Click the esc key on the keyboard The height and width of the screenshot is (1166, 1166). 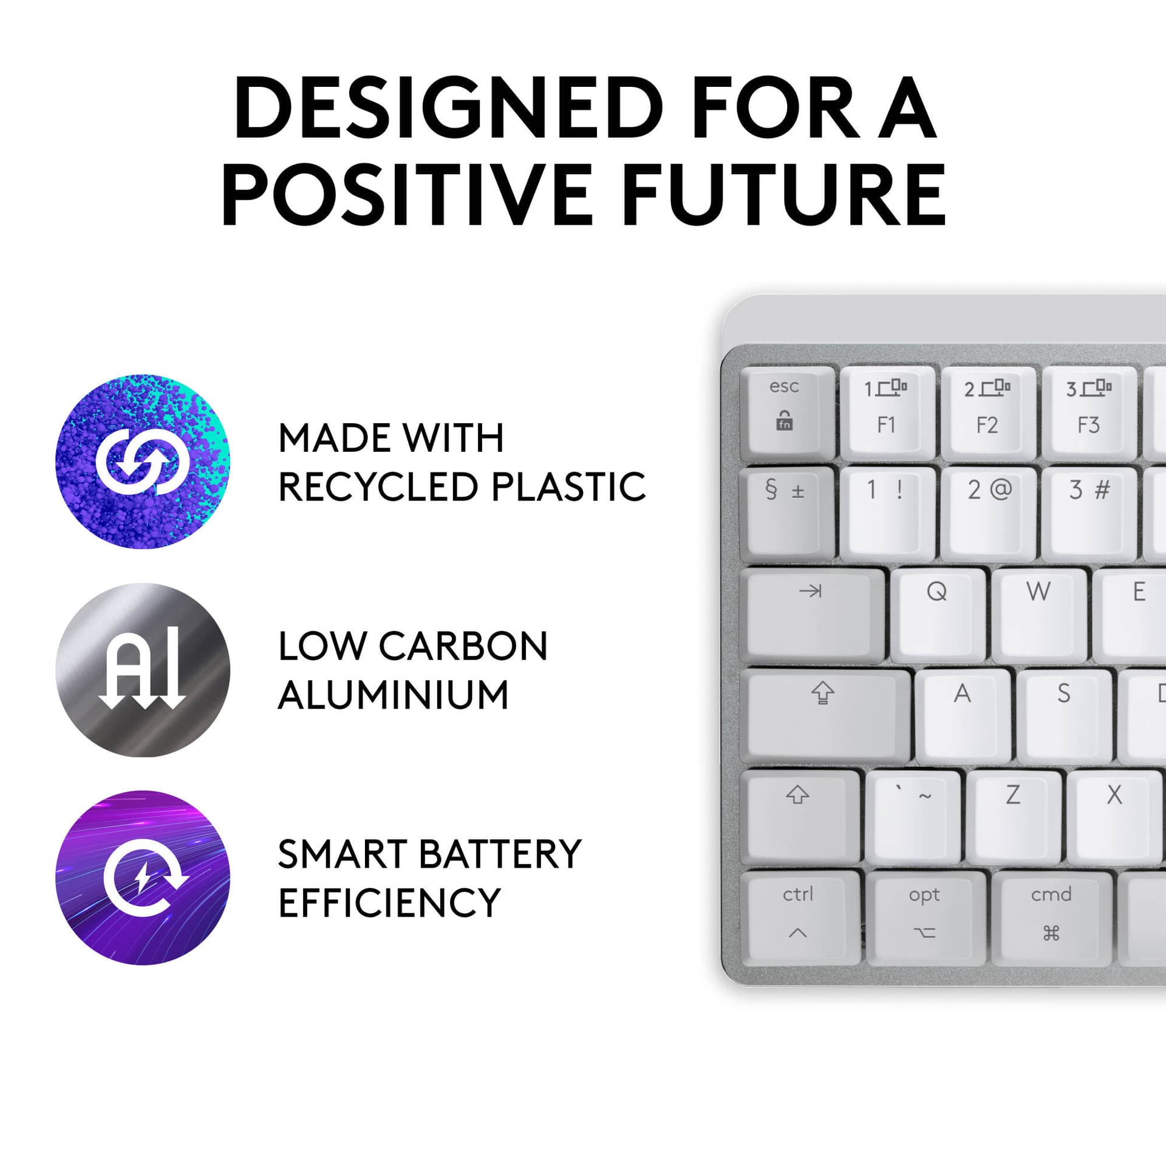click(x=787, y=410)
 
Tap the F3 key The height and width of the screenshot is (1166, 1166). click(x=1088, y=410)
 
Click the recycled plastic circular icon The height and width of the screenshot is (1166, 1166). click(x=143, y=462)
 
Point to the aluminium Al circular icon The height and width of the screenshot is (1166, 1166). click(x=143, y=670)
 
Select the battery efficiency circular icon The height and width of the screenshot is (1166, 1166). click(x=143, y=878)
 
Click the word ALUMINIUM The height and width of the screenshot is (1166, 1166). click(x=394, y=695)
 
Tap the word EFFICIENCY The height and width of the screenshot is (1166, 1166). click(x=389, y=903)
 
